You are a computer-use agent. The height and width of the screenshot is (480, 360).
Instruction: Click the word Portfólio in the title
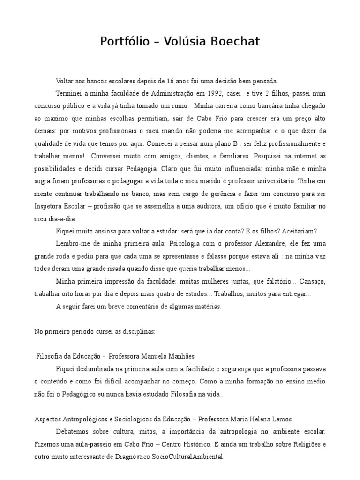(123, 42)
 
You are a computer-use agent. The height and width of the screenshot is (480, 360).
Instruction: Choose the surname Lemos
(279, 419)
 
